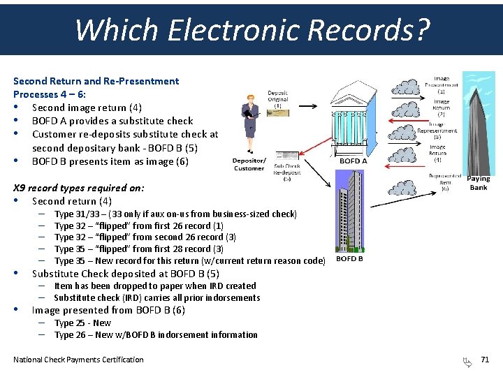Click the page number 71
(x=485, y=360)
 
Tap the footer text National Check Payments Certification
(x=78, y=360)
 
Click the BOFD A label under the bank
(x=353, y=161)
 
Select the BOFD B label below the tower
(x=349, y=259)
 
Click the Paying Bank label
(x=479, y=183)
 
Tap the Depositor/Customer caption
(x=249, y=164)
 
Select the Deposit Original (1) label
(x=277, y=99)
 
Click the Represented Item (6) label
(x=444, y=182)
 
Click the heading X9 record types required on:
(x=79, y=188)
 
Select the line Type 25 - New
(x=82, y=323)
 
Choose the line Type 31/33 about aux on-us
(x=175, y=214)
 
